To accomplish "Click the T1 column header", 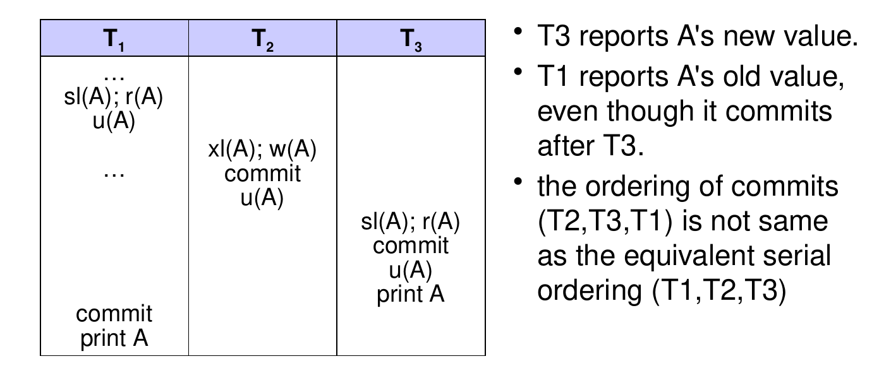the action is click(x=114, y=39).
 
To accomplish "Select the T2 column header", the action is click(x=262, y=39).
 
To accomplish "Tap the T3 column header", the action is click(x=411, y=39).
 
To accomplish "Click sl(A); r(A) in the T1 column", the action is click(x=113, y=97).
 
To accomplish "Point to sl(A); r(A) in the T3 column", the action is click(x=410, y=222).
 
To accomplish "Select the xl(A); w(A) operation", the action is click(x=262, y=150).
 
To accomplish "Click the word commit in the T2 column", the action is click(x=262, y=174).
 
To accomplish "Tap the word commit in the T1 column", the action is click(x=114, y=314).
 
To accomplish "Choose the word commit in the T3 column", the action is click(x=411, y=246).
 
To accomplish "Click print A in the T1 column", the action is click(x=114, y=339).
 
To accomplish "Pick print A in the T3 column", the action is click(x=411, y=295).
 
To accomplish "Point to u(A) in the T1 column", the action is click(x=114, y=121).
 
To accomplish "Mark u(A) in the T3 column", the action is click(x=411, y=271).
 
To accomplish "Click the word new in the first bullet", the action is click(x=749, y=37).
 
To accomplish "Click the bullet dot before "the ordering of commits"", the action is click(x=518, y=182).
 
